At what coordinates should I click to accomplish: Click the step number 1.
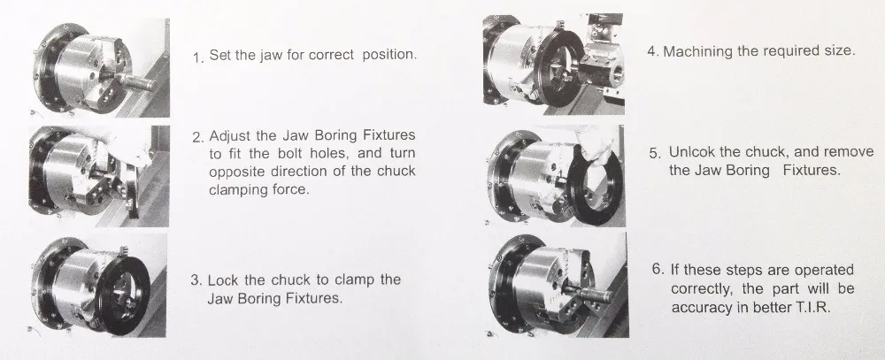(196, 57)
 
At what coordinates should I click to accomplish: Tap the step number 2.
(196, 138)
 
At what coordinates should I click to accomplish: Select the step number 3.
(196, 281)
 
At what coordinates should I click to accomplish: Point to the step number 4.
(651, 51)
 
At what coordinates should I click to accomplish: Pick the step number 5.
(654, 153)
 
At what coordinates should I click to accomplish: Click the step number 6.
(654, 271)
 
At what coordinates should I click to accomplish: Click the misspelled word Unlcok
(695, 151)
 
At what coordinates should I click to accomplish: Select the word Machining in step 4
(699, 51)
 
